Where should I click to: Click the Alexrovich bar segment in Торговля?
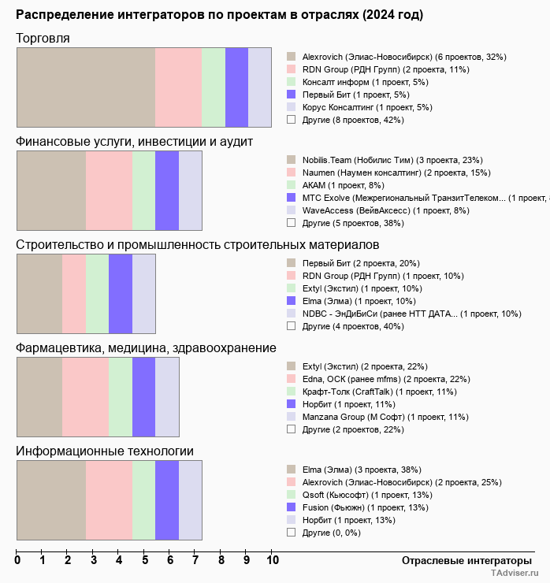86,87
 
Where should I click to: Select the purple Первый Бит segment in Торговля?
236,87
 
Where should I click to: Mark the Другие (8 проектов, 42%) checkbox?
292,120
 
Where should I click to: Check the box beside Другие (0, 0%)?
292,533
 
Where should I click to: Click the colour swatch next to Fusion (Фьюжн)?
292,507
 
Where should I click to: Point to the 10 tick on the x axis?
273,561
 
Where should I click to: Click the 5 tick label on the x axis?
145,561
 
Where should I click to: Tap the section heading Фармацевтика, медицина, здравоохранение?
146,348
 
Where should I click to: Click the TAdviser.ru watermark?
515,575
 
